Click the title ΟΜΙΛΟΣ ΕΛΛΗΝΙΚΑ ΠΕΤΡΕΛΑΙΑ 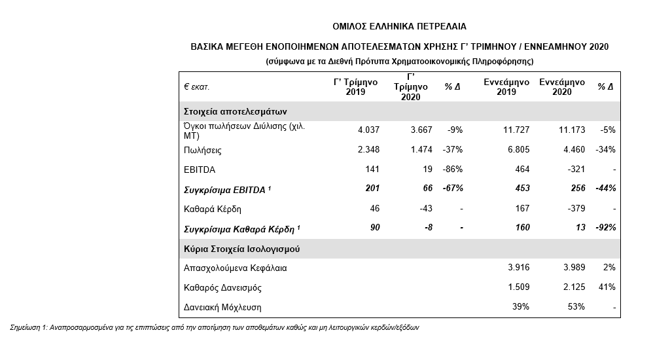(400, 26)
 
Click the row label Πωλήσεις (203, 150)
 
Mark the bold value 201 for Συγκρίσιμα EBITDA (371, 189)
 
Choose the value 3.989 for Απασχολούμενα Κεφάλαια (571, 268)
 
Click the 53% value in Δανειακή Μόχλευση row (575, 306)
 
